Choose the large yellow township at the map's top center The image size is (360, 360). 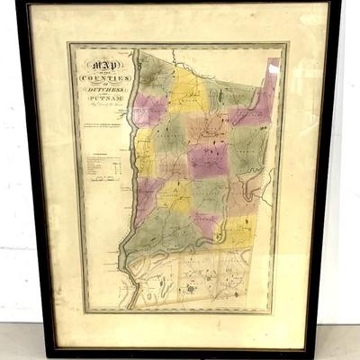[190, 90]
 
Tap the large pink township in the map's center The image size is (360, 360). [206, 159]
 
